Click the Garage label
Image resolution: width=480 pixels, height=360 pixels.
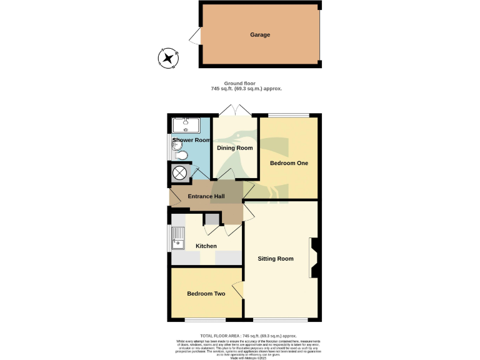(260, 35)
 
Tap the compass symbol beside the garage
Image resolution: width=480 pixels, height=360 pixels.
(167, 58)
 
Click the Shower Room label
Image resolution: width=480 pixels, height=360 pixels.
(191, 140)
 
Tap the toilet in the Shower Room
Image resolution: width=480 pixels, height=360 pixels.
(182, 156)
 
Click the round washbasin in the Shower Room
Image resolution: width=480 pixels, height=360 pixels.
(175, 145)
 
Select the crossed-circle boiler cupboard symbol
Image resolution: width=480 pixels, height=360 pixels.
(180, 173)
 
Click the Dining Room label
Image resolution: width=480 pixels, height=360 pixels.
(235, 148)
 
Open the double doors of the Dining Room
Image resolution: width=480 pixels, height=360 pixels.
(235, 111)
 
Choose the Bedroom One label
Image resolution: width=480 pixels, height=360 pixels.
(289, 163)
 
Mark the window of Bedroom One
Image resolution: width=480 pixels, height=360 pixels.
(289, 115)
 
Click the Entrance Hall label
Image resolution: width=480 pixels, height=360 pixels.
(206, 197)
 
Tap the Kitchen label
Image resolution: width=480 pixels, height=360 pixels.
(206, 246)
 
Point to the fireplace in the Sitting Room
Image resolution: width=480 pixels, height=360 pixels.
(313, 257)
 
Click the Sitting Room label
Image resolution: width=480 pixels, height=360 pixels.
(276, 259)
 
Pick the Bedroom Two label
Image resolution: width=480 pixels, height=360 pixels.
(206, 294)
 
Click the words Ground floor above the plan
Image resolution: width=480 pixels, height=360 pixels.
(246, 83)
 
